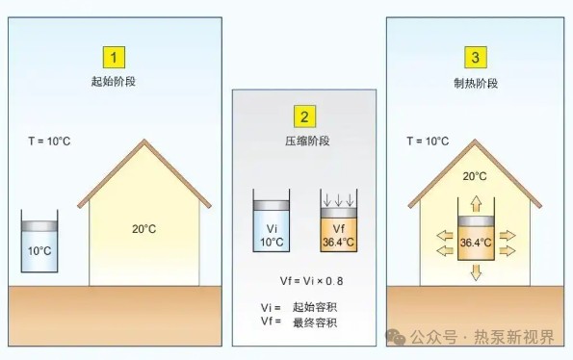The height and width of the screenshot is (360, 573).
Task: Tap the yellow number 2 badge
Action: tap(304, 117)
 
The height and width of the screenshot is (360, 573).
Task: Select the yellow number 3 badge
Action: tap(475, 57)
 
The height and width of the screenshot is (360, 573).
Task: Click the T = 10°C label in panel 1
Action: tap(49, 141)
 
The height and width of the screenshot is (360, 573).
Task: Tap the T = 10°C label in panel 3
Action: tap(428, 141)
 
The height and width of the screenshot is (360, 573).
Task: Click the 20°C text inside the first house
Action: tap(143, 229)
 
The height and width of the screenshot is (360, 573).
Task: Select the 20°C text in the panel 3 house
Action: tap(474, 177)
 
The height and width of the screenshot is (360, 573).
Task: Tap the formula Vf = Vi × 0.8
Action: tap(304, 281)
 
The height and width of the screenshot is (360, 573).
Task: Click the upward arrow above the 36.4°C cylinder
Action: tap(476, 204)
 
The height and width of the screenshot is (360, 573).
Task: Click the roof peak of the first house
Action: tap(144, 142)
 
